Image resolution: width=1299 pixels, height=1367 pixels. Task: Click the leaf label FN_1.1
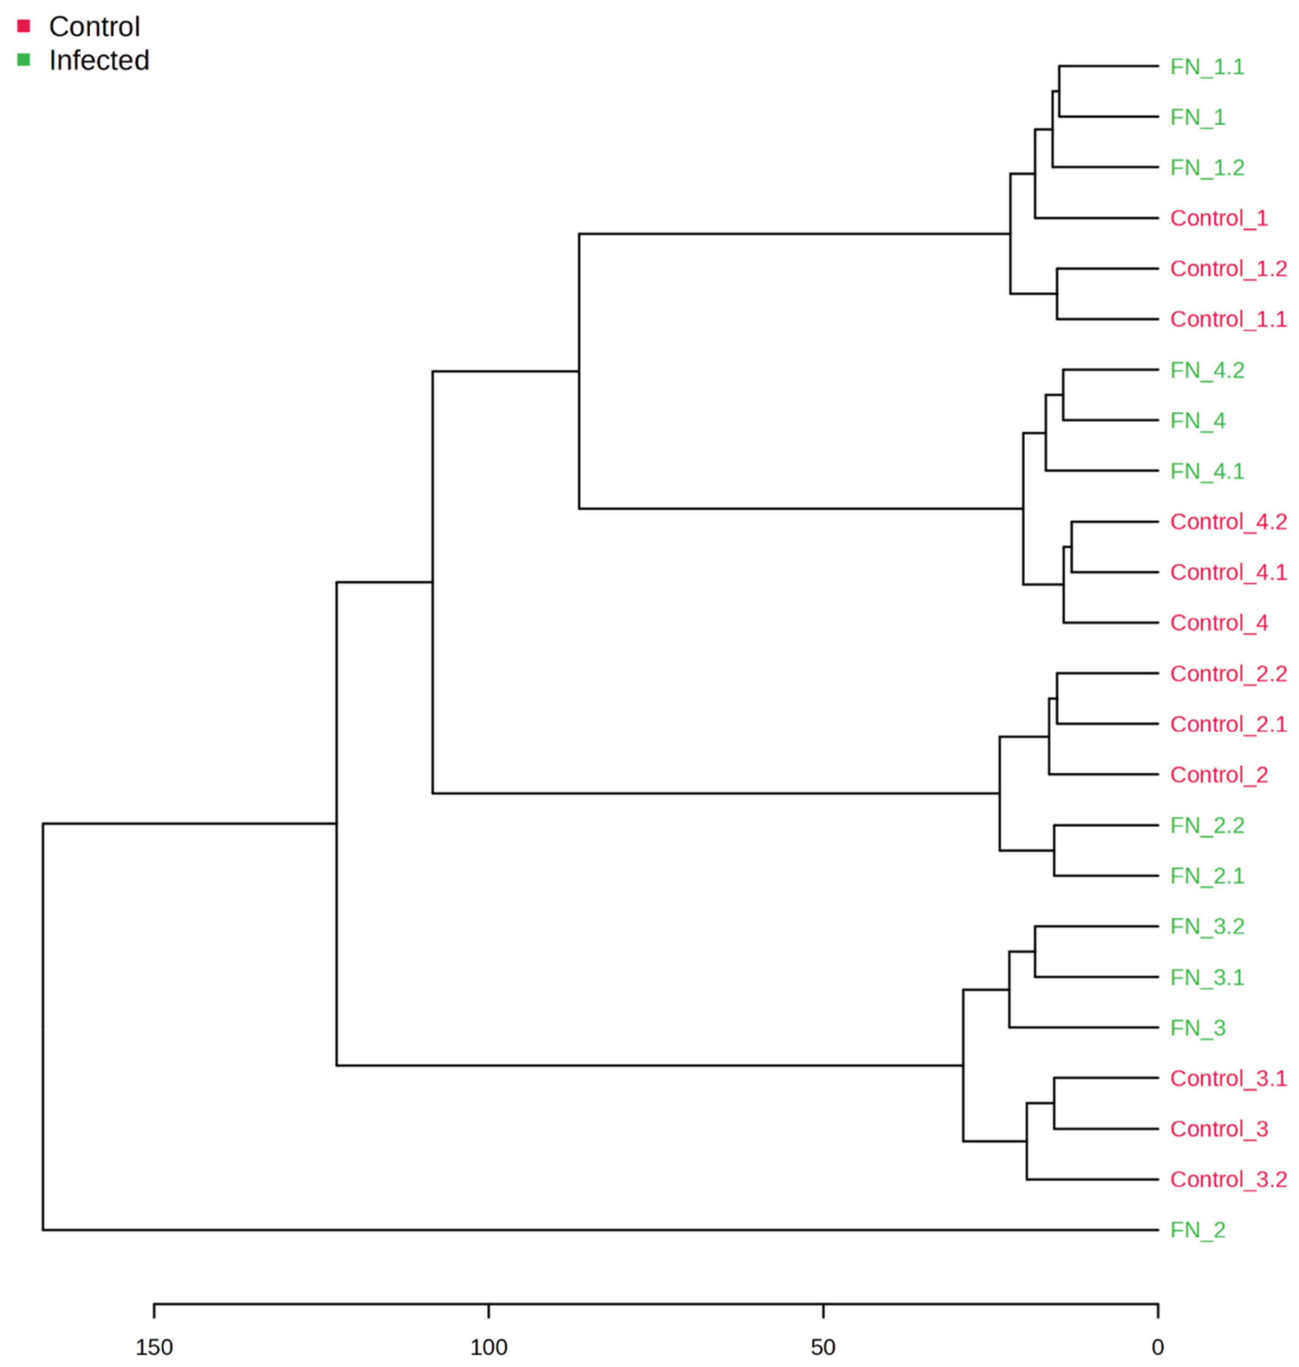coord(1207,67)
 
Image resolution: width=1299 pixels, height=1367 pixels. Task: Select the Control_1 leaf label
coord(1219,218)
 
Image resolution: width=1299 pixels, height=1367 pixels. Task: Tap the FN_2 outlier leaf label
coord(1197,1230)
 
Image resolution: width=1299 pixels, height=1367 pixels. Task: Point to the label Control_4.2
coord(1228,522)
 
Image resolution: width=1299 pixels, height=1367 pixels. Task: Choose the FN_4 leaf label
coord(1197,421)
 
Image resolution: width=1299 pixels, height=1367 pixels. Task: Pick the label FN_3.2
coord(1207,926)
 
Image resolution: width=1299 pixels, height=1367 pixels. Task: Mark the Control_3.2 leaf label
coord(1228,1179)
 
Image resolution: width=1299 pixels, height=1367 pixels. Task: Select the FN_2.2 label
coord(1207,825)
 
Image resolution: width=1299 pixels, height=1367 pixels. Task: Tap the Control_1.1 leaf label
coord(1228,319)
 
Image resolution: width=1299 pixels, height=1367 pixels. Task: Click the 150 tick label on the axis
coord(154,1347)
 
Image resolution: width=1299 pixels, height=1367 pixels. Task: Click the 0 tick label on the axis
coord(1158,1347)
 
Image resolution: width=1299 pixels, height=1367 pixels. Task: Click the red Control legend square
coord(24,26)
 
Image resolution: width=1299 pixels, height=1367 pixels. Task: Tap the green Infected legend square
coord(24,60)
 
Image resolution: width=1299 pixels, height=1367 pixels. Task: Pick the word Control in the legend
coord(94,27)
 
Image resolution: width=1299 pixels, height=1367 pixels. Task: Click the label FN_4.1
coord(1207,471)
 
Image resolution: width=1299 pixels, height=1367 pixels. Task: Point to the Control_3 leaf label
coord(1219,1129)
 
